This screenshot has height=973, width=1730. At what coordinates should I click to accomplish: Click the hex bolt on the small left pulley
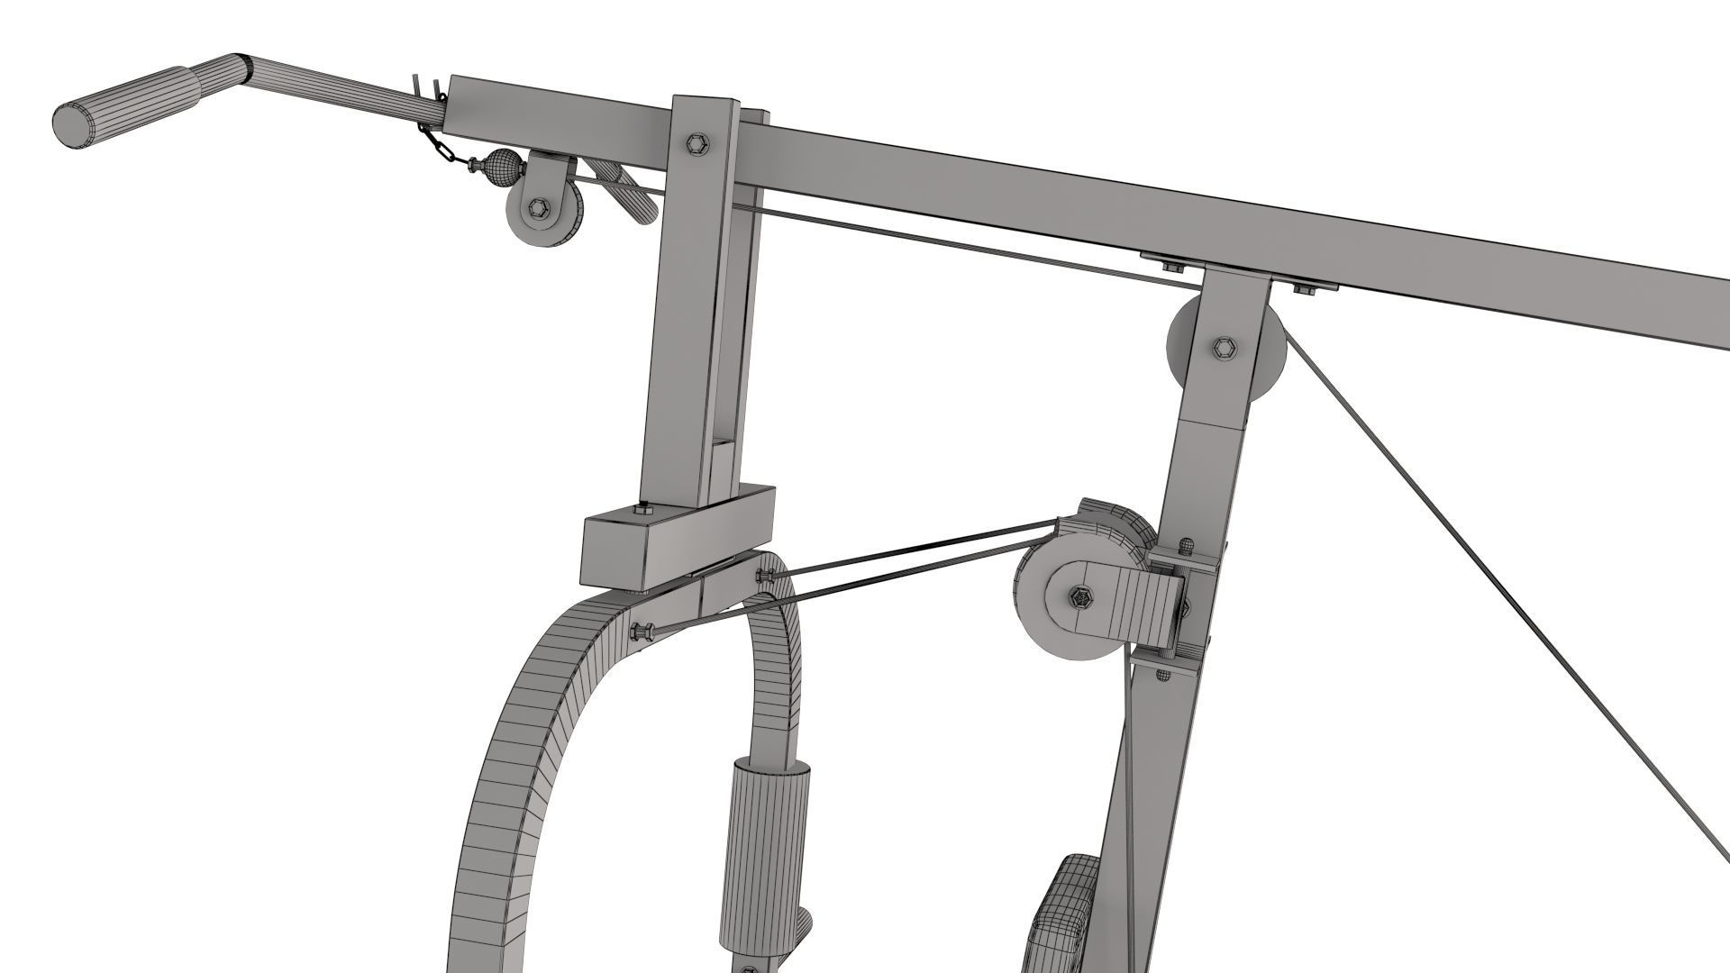(x=539, y=207)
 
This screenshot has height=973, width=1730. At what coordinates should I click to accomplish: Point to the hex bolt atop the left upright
(x=697, y=144)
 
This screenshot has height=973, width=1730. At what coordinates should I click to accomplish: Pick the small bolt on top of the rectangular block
(x=642, y=509)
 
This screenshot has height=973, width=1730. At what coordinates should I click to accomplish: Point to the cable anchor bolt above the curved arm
(x=765, y=577)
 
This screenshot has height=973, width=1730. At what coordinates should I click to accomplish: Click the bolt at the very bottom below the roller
(x=748, y=966)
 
